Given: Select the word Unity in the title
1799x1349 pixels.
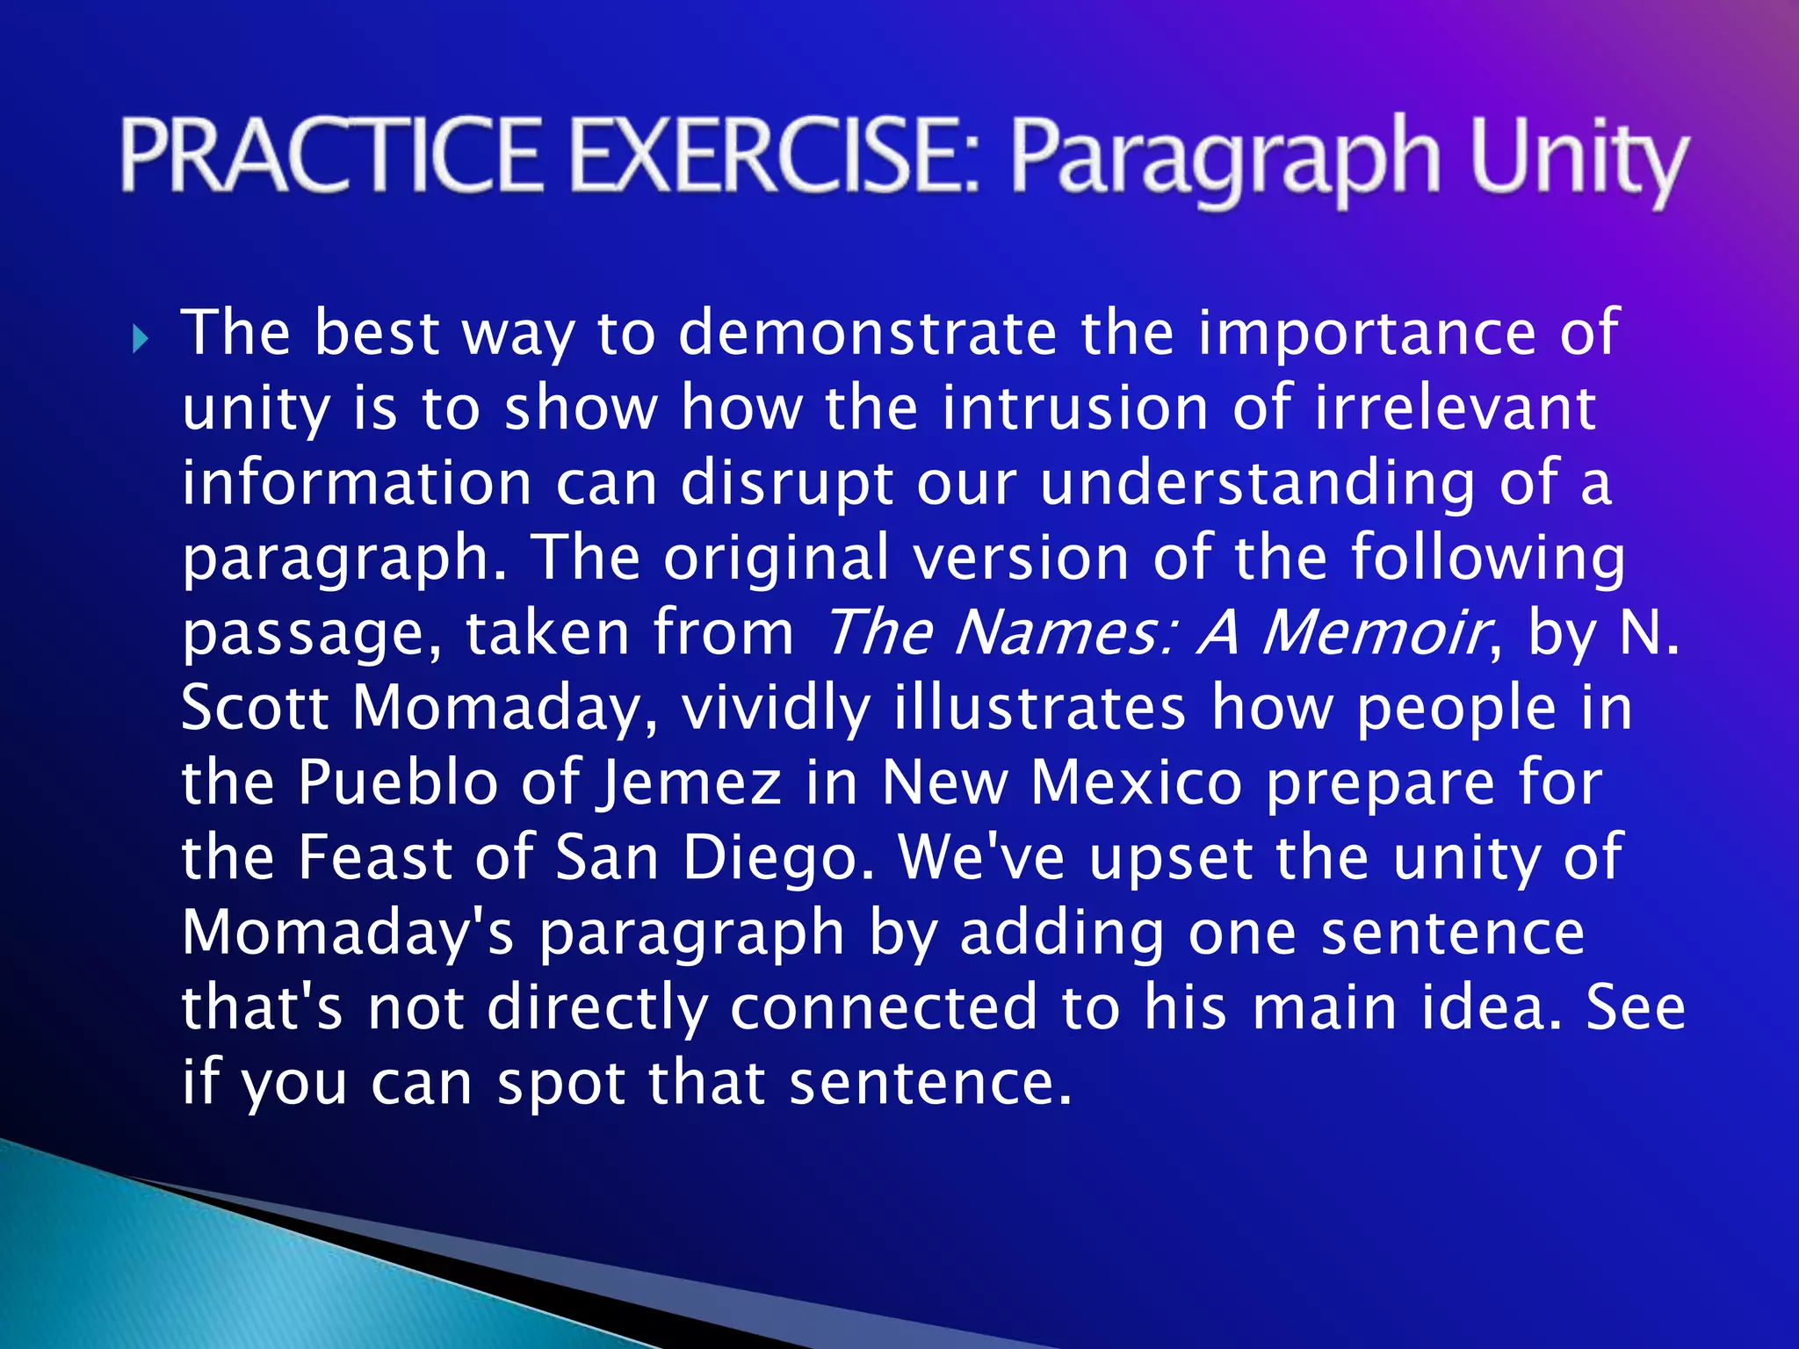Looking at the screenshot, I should [1578, 160].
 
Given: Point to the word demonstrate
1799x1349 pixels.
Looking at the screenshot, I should [868, 334].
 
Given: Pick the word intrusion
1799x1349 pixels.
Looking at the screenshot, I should [1075, 408].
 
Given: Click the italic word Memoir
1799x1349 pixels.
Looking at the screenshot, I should [1376, 632].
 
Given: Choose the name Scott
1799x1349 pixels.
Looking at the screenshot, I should [255, 707].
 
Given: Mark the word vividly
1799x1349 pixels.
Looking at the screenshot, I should [777, 707].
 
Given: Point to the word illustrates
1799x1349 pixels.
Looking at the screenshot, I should [1040, 707].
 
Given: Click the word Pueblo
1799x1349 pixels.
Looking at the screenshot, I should [398, 782].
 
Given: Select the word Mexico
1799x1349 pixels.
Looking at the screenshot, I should [1137, 782].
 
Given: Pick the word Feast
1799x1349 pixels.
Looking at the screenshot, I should [374, 857].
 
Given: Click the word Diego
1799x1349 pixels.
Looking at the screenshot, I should [778, 859].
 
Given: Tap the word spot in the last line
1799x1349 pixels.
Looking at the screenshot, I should [561, 1084].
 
